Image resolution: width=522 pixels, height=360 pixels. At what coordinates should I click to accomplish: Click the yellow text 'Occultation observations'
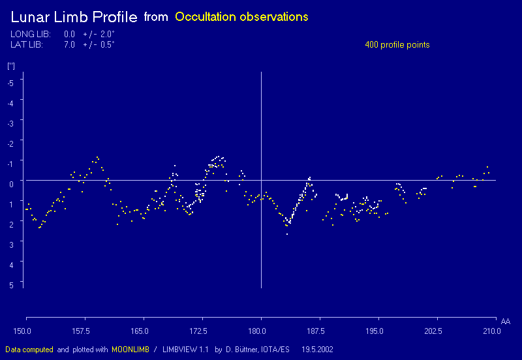[241, 17]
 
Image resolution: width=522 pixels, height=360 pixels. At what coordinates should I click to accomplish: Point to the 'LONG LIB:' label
[31, 34]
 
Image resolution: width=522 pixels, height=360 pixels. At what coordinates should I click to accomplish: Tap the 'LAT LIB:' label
[27, 45]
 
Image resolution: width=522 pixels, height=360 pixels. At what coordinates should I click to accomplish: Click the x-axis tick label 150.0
[24, 331]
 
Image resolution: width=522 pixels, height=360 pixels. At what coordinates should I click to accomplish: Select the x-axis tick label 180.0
[260, 331]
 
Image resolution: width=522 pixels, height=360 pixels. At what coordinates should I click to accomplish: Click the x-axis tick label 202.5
[433, 331]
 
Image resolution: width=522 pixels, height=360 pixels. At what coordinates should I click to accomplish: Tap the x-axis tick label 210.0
[491, 331]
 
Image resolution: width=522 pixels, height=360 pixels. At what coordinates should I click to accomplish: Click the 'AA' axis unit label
[506, 322]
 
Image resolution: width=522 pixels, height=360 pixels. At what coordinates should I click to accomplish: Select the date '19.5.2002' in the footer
[317, 350]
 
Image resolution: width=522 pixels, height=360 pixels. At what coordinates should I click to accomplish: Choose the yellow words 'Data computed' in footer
[29, 350]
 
